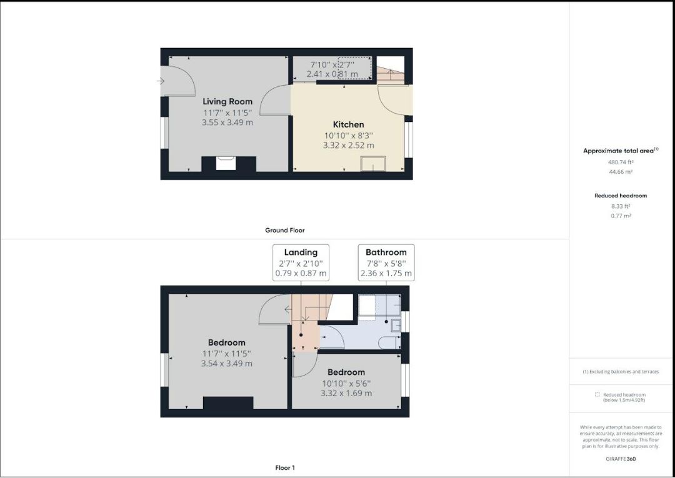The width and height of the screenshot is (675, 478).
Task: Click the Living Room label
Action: [227, 101]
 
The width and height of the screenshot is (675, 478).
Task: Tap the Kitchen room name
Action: [348, 124]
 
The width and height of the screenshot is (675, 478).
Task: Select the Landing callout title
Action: [301, 252]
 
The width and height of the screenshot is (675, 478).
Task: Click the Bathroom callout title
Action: [386, 252]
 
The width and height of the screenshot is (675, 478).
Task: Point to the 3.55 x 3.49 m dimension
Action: [227, 122]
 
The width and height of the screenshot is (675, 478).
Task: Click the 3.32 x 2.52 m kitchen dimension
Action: [348, 146]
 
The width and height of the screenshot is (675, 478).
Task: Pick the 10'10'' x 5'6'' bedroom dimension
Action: [346, 383]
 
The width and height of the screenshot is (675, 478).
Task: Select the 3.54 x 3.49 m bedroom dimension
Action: [227, 364]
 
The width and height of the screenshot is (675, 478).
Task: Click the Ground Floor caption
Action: [284, 231]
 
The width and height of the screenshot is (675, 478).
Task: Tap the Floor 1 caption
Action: [284, 467]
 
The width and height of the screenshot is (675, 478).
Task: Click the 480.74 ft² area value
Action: [621, 162]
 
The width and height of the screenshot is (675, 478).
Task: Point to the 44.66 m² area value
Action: [621, 172]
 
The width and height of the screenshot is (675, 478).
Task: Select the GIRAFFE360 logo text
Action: [621, 459]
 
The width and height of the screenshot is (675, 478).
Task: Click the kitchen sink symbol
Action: [372, 163]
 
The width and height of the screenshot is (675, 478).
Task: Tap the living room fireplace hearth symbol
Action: [226, 163]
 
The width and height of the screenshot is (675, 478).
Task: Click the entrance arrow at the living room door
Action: [161, 81]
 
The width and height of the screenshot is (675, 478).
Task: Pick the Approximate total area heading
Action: [620, 151]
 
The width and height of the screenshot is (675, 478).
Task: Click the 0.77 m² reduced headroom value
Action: [621, 216]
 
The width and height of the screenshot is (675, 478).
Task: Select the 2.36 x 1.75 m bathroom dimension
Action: [386, 273]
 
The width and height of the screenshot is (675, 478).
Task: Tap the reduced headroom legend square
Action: [597, 394]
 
